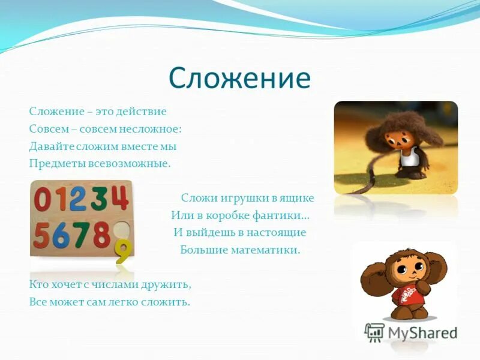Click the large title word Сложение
click(x=239, y=79)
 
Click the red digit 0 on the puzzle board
click(x=43, y=199)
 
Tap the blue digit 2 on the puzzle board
click(x=77, y=199)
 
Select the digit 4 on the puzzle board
click(x=118, y=198)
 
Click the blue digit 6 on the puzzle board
click(x=61, y=235)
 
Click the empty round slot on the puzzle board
click(x=121, y=229)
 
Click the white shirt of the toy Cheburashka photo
click(x=409, y=157)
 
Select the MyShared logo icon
click(x=374, y=332)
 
